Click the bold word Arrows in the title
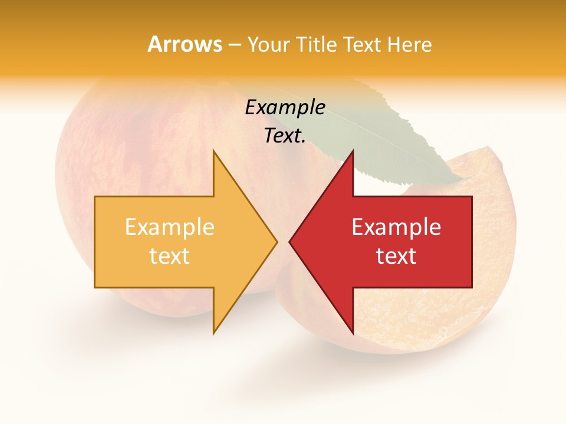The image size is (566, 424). pos(185,44)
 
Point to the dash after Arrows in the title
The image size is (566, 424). pos(234,45)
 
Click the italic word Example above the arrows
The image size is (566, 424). pos(285,108)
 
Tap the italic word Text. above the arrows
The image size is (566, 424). pos(285,135)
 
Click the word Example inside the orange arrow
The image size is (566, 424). pos(170,227)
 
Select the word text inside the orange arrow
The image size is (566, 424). pos(170,256)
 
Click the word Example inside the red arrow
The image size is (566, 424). pos(396,227)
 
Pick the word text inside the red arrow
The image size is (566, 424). pos(396,256)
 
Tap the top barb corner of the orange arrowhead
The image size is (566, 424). pos(214,151)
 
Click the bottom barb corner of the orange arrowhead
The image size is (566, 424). pos(214,333)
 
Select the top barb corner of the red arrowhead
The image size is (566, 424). pos(353,151)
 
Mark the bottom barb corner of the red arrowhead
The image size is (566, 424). pos(353,333)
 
